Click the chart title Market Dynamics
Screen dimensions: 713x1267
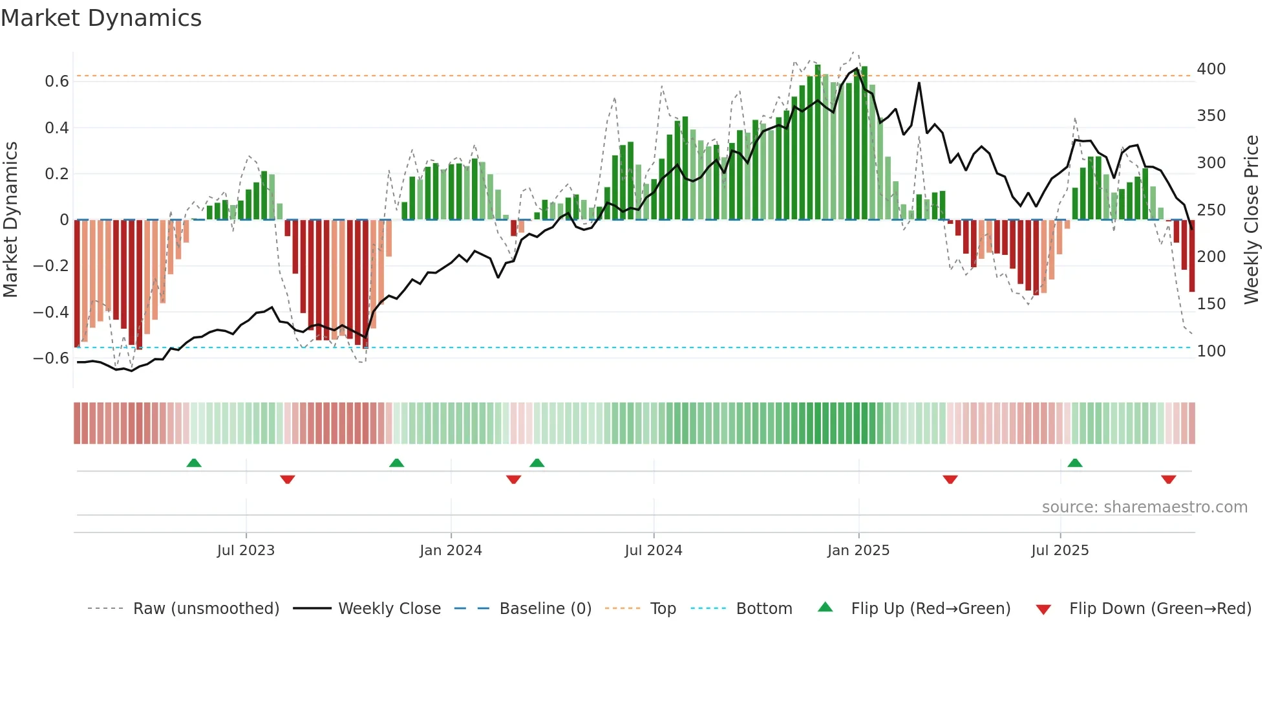[x=101, y=18]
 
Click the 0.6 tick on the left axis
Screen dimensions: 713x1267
[x=57, y=82]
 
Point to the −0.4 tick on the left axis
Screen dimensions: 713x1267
[x=51, y=312]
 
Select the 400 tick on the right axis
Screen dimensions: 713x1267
[x=1211, y=69]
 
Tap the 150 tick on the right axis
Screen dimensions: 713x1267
[x=1211, y=304]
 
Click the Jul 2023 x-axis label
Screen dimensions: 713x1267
[x=246, y=551]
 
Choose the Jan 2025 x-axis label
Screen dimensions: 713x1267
[x=858, y=551]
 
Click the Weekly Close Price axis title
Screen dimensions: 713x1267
[x=1251, y=220]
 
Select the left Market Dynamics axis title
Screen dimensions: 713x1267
[x=10, y=220]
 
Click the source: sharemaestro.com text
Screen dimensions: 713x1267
[x=1144, y=507]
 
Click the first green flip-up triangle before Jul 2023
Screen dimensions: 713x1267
[x=194, y=463]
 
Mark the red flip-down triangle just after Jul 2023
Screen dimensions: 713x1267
[x=288, y=479]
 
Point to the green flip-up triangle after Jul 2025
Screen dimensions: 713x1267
[x=1075, y=463]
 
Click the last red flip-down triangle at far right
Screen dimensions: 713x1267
[x=1168, y=479]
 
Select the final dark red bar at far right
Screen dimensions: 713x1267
[x=1191, y=256]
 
